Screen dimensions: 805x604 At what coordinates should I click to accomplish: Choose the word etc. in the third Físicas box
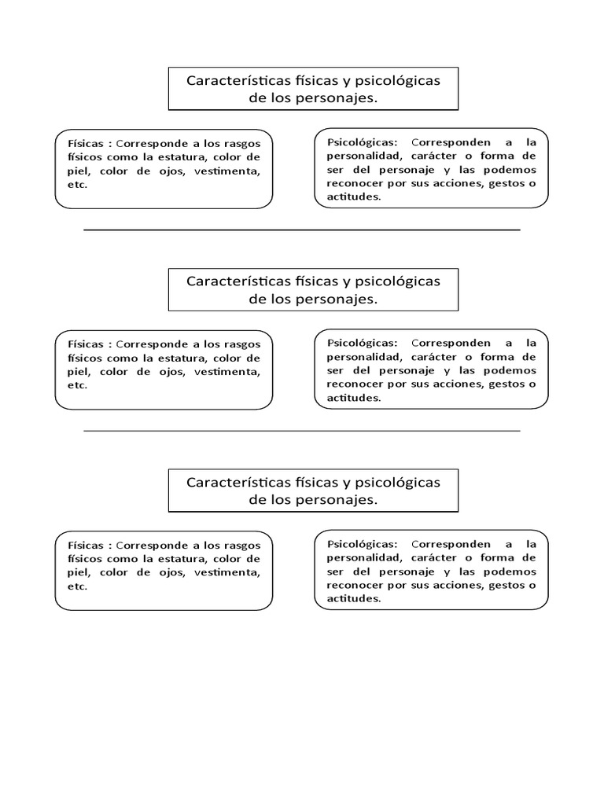pos(78,586)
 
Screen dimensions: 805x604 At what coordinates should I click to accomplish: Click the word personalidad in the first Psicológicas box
pos(350,156)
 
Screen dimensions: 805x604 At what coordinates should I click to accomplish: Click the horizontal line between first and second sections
pos(301,230)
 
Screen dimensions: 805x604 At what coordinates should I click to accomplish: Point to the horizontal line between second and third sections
pos(301,431)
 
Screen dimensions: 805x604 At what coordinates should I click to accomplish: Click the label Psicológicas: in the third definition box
pos(356,544)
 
